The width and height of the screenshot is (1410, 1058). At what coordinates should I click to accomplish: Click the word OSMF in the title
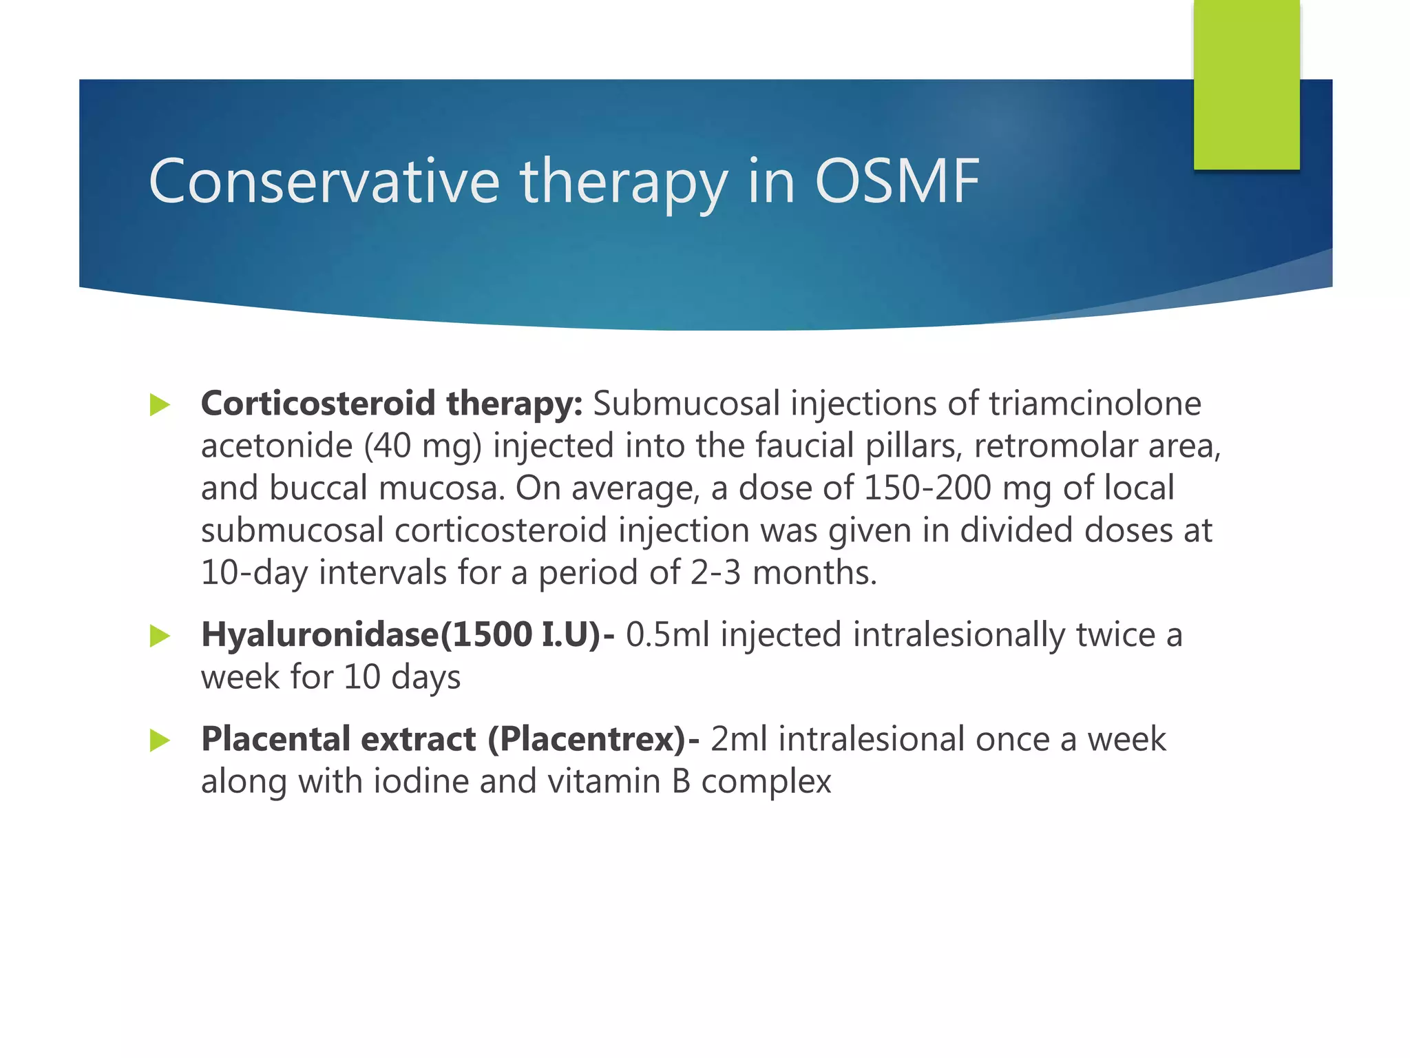(x=896, y=181)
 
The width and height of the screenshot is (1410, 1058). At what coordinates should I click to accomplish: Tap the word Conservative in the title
(x=324, y=181)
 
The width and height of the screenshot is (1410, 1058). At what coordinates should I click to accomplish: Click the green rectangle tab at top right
(x=1246, y=84)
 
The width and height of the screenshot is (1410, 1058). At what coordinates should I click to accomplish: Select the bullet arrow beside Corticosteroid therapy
(x=159, y=405)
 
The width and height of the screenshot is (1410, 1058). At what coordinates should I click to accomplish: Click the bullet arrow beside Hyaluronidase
(x=159, y=636)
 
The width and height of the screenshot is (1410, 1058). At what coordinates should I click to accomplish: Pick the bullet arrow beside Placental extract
(x=159, y=740)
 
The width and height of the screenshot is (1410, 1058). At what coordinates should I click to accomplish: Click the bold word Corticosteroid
(x=317, y=404)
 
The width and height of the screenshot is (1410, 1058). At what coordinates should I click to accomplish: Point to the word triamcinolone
(x=1095, y=404)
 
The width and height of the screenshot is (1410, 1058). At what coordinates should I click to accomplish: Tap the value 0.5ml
(x=667, y=635)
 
